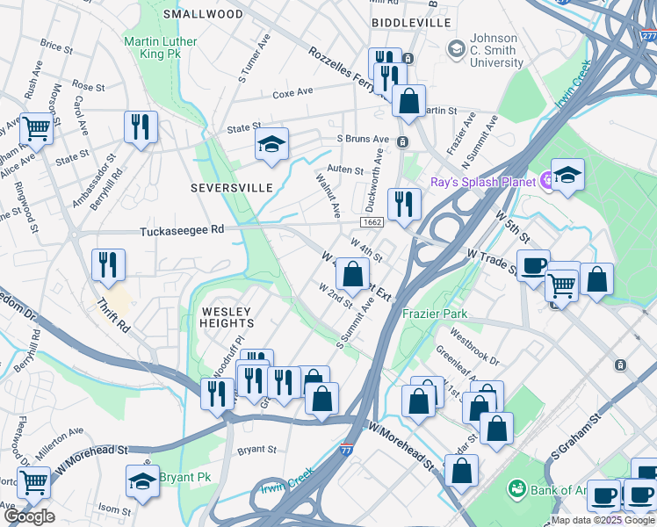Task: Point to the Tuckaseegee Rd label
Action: pos(182,230)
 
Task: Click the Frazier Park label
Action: pos(434,314)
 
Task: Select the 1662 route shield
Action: pos(372,224)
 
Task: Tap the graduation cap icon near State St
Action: pos(272,144)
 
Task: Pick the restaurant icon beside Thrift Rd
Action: pos(108,263)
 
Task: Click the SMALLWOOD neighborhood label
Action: pos(203,14)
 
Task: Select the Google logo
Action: pos(29,516)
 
